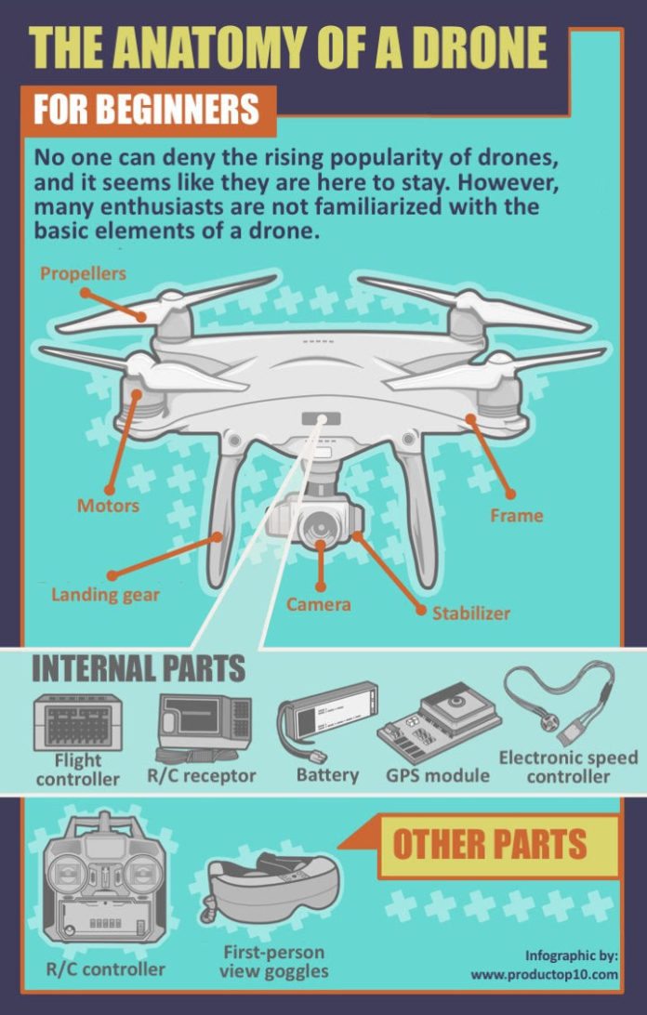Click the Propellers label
coord(83,273)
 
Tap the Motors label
coord(108,506)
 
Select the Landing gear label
coord(105,594)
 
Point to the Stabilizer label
coord(470,613)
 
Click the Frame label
coord(516,515)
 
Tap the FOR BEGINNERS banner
coord(147,110)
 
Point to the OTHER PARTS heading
coord(489,844)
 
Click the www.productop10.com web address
coord(544,974)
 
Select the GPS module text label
coord(437,775)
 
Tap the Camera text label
coord(318,604)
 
